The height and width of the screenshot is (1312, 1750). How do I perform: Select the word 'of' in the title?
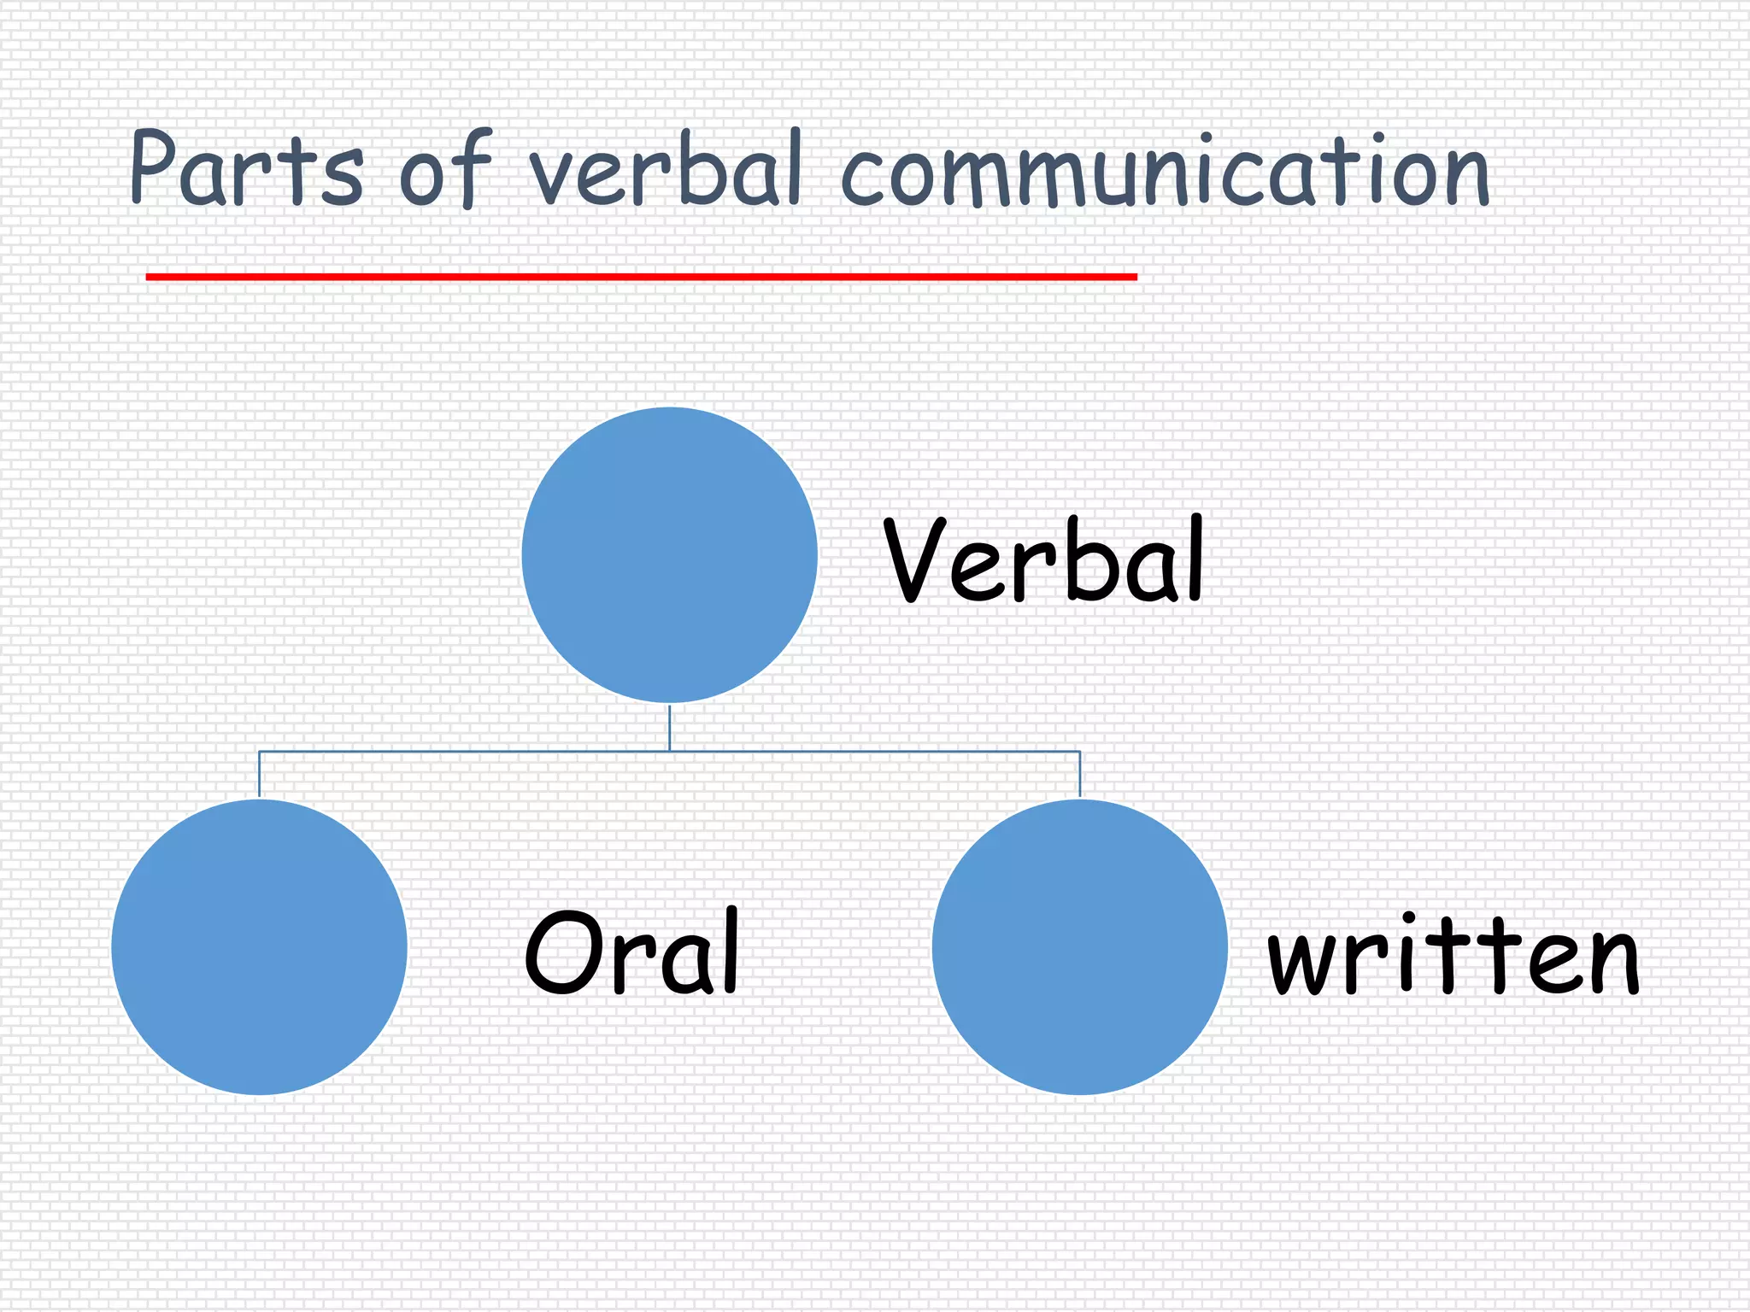pyautogui.click(x=446, y=171)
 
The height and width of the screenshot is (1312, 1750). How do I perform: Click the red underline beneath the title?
pyautogui.click(x=641, y=277)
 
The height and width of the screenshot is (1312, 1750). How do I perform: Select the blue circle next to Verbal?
pyautogui.click(x=670, y=555)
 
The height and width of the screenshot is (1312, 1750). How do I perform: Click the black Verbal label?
pyautogui.click(x=1043, y=559)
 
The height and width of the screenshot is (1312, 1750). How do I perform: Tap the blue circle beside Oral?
pyautogui.click(x=259, y=946)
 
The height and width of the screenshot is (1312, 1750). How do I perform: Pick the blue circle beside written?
pyautogui.click(x=1080, y=946)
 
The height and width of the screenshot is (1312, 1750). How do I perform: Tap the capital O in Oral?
pyautogui.click(x=560, y=952)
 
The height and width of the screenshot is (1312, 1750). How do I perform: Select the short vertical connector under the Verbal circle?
pyautogui.click(x=670, y=728)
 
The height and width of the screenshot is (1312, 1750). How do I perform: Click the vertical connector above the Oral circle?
pyautogui.click(x=259, y=774)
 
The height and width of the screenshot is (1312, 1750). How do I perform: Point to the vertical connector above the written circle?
pyautogui.click(x=1080, y=774)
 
